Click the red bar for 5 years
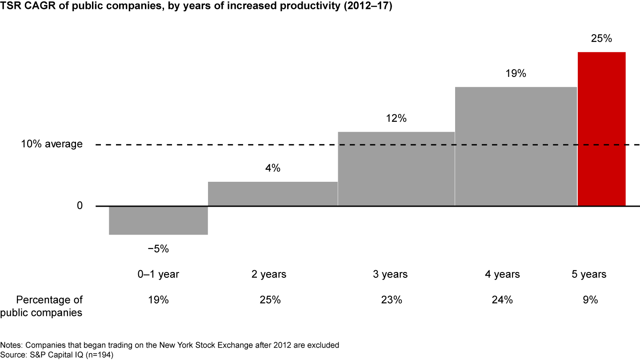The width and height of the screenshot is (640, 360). pos(601,129)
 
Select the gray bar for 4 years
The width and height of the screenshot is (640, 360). pos(516,146)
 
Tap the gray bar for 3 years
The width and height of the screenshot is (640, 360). pos(396,169)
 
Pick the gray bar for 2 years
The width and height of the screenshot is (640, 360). pos(272,194)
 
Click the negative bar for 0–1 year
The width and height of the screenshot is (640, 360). pos(158,220)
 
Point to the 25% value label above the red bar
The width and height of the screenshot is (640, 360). pos(601,39)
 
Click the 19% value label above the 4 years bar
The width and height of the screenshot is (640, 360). pos(516,74)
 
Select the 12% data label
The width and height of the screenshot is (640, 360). pos(396,119)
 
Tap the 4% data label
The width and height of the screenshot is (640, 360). pos(272,168)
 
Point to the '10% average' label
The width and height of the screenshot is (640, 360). pos(52,144)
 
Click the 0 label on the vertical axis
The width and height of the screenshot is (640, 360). pos(80,206)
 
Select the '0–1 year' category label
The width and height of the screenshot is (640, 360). pos(158,275)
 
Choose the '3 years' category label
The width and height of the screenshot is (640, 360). pos(390,275)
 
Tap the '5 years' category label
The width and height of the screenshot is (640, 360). pos(589,275)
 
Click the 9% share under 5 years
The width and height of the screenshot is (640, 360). pos(590,300)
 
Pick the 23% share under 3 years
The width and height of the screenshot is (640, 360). pos(391,300)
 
